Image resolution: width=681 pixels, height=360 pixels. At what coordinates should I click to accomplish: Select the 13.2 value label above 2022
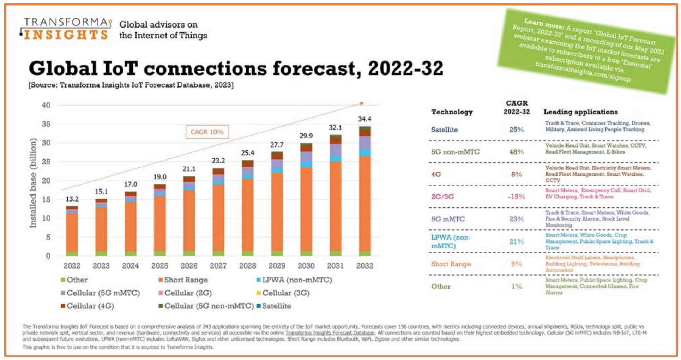(x=72, y=199)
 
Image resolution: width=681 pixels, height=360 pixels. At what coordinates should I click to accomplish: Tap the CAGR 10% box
(x=207, y=132)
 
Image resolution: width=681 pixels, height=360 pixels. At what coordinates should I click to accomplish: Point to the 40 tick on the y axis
(x=46, y=105)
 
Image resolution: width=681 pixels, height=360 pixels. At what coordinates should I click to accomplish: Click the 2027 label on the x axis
(x=218, y=266)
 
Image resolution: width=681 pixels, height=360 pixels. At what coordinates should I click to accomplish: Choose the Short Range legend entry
(x=183, y=280)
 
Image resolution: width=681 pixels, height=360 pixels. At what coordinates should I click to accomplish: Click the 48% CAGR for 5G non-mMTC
(x=516, y=152)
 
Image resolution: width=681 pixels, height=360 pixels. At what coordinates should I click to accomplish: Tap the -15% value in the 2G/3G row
(x=516, y=197)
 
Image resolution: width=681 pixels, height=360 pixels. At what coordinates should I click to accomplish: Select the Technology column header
(x=452, y=112)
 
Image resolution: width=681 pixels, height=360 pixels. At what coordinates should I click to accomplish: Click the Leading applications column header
(x=580, y=112)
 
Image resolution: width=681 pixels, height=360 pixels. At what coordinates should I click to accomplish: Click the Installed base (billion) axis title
(x=33, y=183)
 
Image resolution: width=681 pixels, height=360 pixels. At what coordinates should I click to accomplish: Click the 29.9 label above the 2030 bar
(x=306, y=136)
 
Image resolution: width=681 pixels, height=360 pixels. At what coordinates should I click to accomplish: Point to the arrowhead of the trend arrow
(x=362, y=103)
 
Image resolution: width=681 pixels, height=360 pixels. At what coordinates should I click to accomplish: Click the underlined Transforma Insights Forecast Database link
(x=330, y=333)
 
